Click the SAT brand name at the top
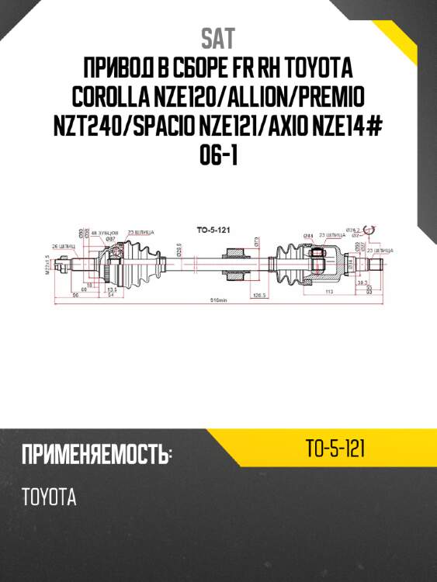[218, 38]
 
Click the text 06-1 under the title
[218, 157]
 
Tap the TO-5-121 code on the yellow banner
[336, 449]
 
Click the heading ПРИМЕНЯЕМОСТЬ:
[96, 454]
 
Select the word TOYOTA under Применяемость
[50, 497]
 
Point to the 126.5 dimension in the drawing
[259, 295]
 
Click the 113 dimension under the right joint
[329, 292]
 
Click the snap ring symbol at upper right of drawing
[370, 230]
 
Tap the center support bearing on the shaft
[234, 264]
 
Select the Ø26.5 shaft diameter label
[179, 248]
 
